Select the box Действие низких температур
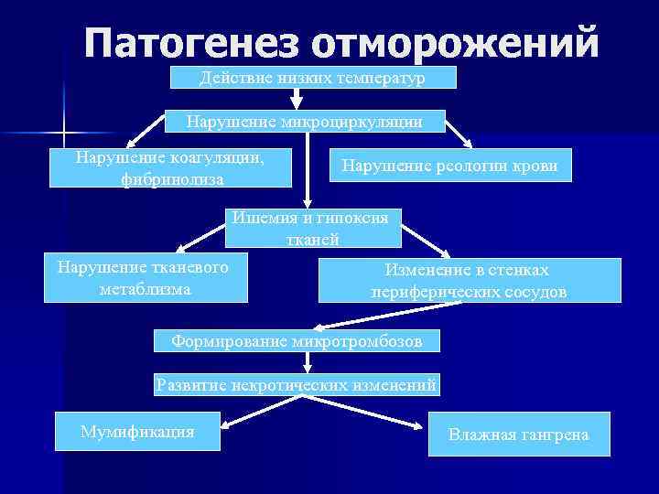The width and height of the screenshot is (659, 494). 312,78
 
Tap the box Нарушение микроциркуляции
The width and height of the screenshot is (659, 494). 304,121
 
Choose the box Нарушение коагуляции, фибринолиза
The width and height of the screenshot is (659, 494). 171,168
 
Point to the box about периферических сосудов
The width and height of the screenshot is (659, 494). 469,280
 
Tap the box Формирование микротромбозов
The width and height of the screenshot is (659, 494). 297,342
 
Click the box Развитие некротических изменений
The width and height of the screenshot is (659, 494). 297,385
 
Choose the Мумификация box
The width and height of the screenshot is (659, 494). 137,432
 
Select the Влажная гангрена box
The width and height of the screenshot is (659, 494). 518,434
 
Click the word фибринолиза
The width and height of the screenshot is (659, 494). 172,179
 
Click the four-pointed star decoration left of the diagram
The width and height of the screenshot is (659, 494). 65,134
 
